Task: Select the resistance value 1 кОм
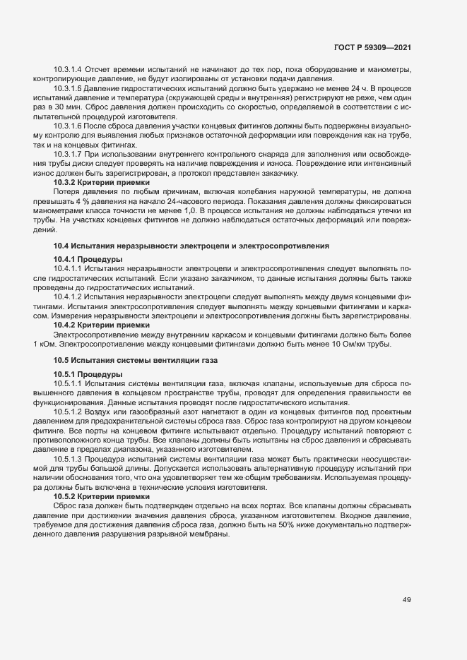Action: (45, 344)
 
